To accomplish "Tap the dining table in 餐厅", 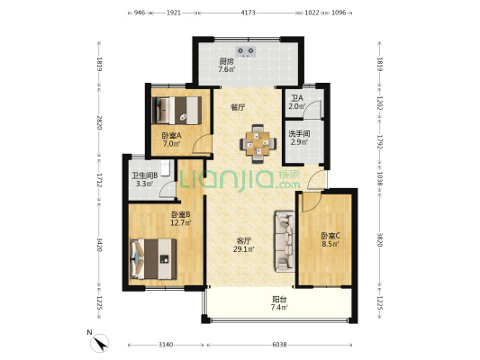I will pos(257,141).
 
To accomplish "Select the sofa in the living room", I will pos(285,240).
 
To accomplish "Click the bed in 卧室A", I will pos(176,111).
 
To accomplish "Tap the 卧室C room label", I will pos(330,235).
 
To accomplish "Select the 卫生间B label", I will pos(145,175).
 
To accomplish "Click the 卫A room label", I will pos(296,98).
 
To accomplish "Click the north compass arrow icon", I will pos(102,341).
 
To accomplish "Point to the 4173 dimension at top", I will pos(249,13).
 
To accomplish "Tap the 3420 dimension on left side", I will pos(101,245).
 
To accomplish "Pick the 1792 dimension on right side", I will pos(380,142).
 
